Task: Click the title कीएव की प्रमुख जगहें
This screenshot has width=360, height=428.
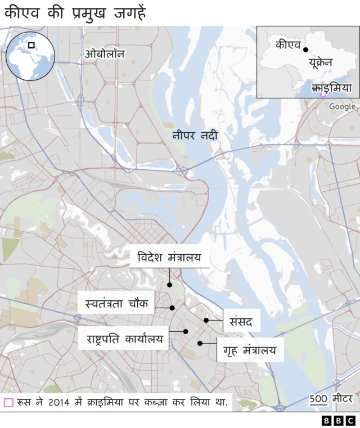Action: [x=74, y=12]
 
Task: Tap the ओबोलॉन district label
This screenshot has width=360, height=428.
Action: [x=105, y=54]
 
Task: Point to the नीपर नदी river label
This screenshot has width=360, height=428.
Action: [x=195, y=136]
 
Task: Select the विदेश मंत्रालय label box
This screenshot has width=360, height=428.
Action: [x=169, y=258]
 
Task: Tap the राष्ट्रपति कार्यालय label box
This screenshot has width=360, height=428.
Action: [x=124, y=339]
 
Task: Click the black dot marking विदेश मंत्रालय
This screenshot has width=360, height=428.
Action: [x=169, y=285]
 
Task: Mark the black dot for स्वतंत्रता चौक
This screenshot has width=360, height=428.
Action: [x=172, y=308]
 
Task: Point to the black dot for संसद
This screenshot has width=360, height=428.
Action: [x=206, y=320]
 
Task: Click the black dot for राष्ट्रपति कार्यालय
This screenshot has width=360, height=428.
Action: [x=185, y=332]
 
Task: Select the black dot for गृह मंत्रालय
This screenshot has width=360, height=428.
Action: [x=200, y=343]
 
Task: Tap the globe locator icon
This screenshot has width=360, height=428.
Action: [x=30, y=56]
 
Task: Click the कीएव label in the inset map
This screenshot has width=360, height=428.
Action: [x=287, y=44]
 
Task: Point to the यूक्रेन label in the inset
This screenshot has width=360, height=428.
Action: [x=319, y=63]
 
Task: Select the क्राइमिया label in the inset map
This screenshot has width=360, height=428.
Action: [x=331, y=88]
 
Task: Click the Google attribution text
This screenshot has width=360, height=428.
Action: [x=342, y=106]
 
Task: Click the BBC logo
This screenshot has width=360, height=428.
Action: [x=339, y=420]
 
